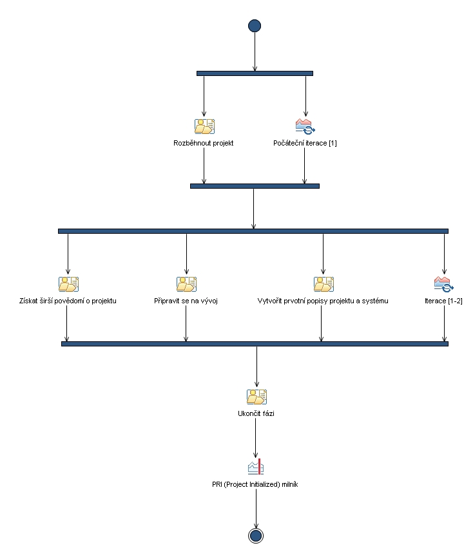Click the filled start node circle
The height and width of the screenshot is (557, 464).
coord(255,26)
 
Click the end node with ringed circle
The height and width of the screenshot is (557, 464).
coord(256,536)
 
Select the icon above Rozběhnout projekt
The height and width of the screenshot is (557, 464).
coord(204,126)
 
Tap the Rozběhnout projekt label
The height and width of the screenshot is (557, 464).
coord(204,143)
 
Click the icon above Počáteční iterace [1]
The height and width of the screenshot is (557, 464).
coord(305,126)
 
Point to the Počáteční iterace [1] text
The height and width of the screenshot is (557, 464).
coord(305,143)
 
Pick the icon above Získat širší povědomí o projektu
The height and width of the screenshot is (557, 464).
coord(68,284)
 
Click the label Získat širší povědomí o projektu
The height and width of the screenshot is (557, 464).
coord(68,301)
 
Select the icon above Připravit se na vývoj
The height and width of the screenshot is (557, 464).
coord(186,284)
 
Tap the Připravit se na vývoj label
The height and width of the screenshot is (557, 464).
coord(186,301)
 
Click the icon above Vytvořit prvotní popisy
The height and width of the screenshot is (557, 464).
coord(323,284)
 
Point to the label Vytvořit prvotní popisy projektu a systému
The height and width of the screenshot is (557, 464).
coord(322,301)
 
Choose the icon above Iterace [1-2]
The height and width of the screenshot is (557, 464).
coord(443,284)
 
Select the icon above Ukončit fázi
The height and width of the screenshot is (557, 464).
coord(256,397)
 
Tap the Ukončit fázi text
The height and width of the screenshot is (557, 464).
coord(256,413)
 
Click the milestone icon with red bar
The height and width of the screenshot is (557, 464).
coord(256,467)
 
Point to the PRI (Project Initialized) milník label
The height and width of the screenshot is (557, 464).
coord(255,484)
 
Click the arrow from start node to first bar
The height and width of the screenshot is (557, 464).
coord(255,52)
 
